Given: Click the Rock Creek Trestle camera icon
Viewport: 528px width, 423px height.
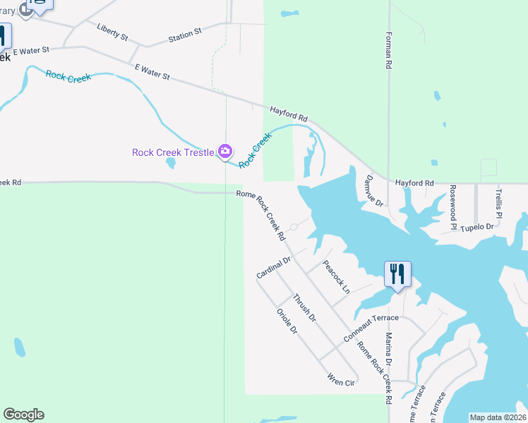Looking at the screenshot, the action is (x=225, y=151).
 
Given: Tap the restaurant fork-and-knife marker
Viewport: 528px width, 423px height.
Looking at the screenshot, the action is (x=397, y=274).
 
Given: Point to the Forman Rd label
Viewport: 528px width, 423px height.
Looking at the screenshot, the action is (x=389, y=49).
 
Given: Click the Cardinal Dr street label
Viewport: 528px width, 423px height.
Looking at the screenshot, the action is (x=274, y=267).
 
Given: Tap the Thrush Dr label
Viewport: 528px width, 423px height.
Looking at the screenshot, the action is (x=305, y=308).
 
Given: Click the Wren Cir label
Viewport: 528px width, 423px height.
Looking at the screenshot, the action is (x=340, y=381).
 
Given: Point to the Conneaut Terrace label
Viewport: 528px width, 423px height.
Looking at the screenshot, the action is (x=371, y=328).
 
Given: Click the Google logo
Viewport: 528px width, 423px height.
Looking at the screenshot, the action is (x=23, y=415).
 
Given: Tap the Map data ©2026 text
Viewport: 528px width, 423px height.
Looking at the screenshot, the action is (x=498, y=417).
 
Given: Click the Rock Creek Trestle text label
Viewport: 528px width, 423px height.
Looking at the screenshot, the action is (x=173, y=152).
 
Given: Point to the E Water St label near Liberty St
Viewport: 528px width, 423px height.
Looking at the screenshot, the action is (x=26, y=50).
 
